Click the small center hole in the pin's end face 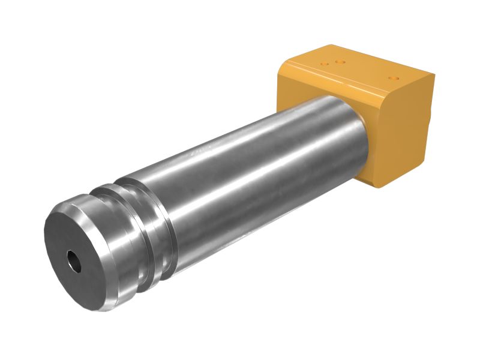point(74,262)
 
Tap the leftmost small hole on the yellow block point(325,64)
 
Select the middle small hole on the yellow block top point(340,61)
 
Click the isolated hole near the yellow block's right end point(394,78)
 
